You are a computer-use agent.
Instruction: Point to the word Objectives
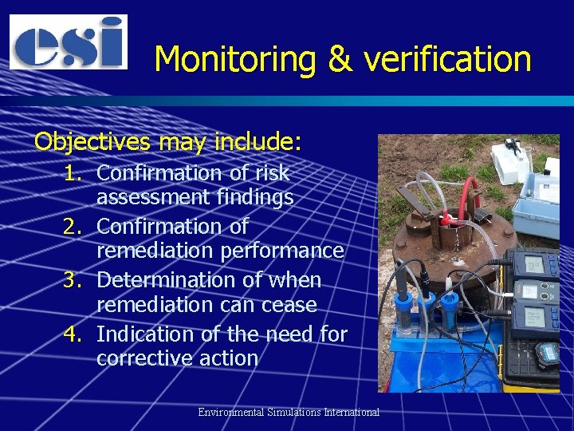(x=95, y=142)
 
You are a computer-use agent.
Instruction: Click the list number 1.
(x=74, y=172)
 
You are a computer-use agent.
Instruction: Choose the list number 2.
(x=74, y=227)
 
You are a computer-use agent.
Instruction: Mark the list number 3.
(x=74, y=281)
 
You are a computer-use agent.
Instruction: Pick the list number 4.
(x=74, y=334)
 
